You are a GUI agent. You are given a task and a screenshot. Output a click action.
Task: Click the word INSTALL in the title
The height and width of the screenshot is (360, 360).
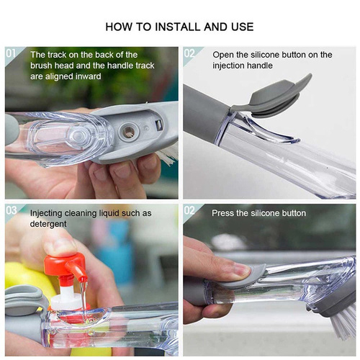coord(179,27)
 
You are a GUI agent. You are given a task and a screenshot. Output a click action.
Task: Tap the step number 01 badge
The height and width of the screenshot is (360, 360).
coord(11,53)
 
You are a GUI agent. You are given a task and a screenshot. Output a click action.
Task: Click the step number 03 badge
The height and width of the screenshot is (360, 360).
coord(12,210)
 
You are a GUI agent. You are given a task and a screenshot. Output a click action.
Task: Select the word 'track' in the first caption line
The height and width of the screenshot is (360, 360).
coord(56,55)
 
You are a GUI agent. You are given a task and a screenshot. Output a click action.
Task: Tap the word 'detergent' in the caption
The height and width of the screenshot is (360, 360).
coord(48,224)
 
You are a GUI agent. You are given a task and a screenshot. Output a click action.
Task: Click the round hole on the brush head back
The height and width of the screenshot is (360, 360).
coord(129,131)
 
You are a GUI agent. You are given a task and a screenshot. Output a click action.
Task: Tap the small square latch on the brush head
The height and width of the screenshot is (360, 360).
coord(158,125)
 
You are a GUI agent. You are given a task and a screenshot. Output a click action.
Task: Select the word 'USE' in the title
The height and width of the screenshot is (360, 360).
coord(243,27)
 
